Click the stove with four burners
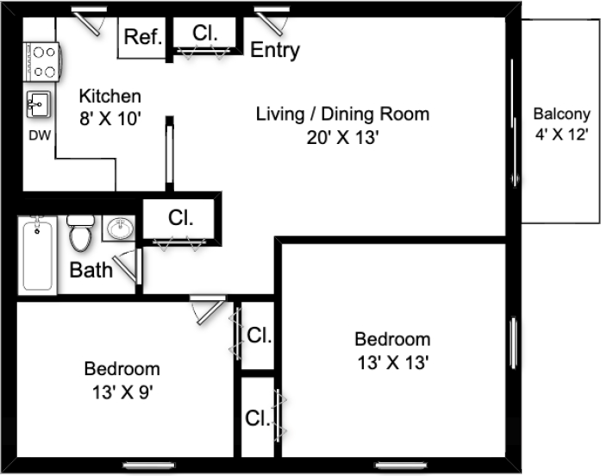41,62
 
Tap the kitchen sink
38,104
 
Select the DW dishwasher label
40,135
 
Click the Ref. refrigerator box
141,38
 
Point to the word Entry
275,50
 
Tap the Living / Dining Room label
342,114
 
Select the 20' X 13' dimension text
342,137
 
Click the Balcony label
561,114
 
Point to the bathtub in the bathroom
37,255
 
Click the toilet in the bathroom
80,233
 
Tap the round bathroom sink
121,229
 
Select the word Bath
91,270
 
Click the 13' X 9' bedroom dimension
122,392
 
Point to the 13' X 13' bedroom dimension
393,362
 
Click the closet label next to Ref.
204,33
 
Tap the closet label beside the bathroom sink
180,217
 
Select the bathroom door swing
128,266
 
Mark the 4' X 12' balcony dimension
561,135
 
